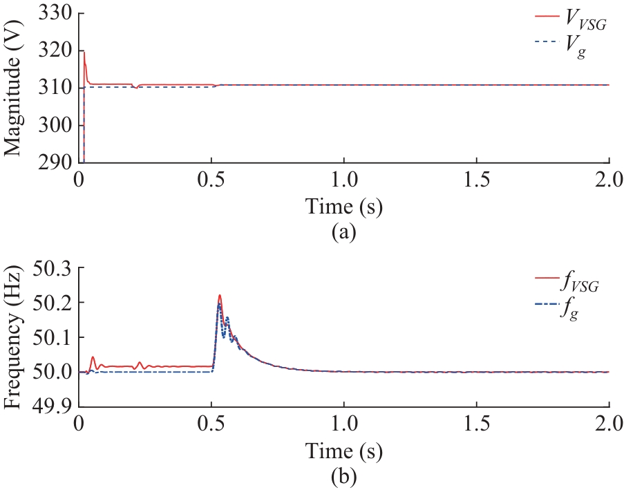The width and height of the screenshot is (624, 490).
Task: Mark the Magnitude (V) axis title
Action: pyautogui.click(x=15, y=88)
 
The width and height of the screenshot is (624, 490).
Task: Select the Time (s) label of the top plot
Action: pyautogui.click(x=344, y=207)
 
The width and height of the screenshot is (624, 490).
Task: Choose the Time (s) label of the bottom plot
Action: pyautogui.click(x=344, y=451)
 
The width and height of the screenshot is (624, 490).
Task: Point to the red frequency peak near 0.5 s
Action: pyautogui.click(x=219, y=295)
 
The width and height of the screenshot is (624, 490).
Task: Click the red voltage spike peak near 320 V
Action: pyautogui.click(x=84, y=52)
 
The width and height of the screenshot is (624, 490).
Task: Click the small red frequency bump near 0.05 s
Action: pyautogui.click(x=93, y=357)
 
